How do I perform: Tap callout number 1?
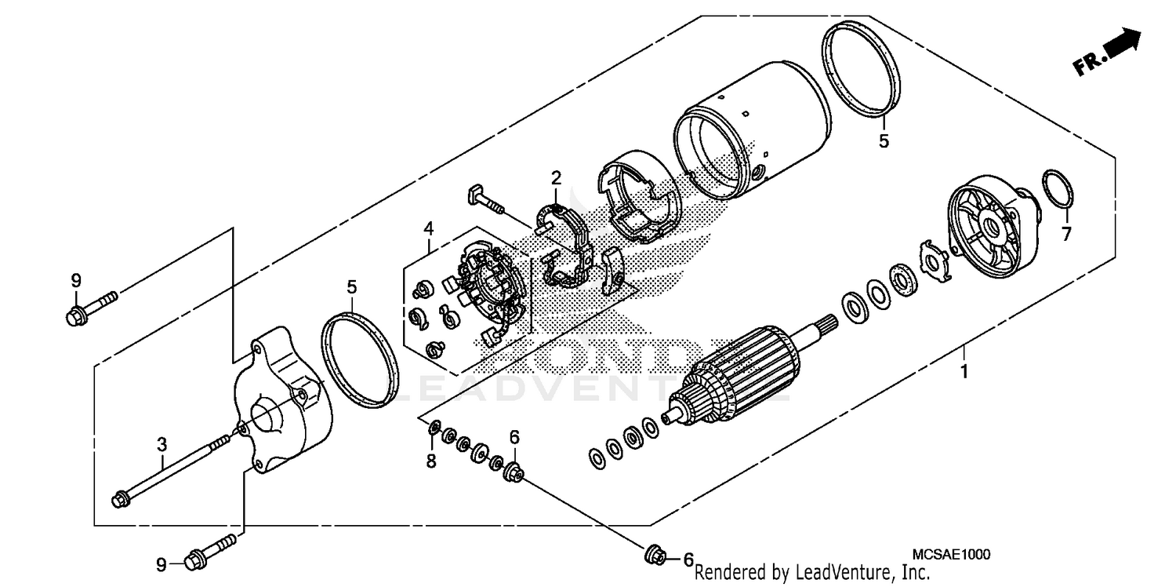[x=964, y=371]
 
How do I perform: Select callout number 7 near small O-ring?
[x=1065, y=234]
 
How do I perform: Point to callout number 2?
[x=556, y=178]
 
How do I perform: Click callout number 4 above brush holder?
[x=428, y=228]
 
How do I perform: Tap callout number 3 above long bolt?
[x=162, y=444]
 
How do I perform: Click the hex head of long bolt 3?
[x=122, y=498]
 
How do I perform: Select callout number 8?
[x=430, y=461]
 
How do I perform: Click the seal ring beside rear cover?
[x=360, y=359]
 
